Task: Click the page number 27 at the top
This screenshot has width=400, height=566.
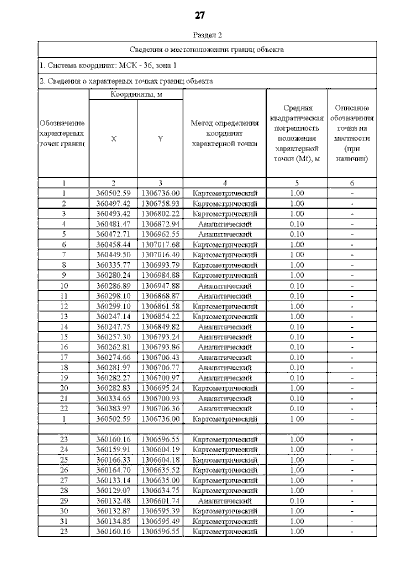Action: tap(199, 15)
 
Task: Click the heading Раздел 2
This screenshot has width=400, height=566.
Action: tap(207, 35)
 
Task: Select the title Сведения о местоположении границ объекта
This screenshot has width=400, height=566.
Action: tap(207, 50)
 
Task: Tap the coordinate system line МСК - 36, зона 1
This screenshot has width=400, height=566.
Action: tap(108, 65)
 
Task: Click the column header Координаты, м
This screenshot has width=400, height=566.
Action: tap(136, 94)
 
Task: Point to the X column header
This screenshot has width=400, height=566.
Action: tap(113, 139)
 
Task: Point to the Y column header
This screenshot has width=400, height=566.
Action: tap(160, 139)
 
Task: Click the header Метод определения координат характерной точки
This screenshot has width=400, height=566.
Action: tap(225, 133)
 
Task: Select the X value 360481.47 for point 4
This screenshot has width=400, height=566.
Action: tap(113, 224)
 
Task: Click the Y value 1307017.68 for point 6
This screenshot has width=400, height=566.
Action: tap(160, 245)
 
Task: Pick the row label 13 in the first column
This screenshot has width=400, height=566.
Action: tap(64, 316)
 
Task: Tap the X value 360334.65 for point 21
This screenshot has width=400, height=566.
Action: tap(113, 398)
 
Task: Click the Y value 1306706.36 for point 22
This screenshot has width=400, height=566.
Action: tap(160, 409)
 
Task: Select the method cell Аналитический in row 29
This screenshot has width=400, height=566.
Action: tap(225, 501)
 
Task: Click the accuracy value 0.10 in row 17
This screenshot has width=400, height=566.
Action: tap(297, 357)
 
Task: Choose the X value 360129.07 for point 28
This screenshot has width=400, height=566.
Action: tap(113, 490)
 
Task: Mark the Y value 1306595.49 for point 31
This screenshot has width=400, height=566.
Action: tap(160, 521)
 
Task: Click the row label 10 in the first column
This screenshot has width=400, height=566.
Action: tap(64, 286)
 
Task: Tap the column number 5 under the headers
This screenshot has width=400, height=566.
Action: tap(297, 183)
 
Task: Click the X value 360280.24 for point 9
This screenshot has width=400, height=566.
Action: tap(113, 275)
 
